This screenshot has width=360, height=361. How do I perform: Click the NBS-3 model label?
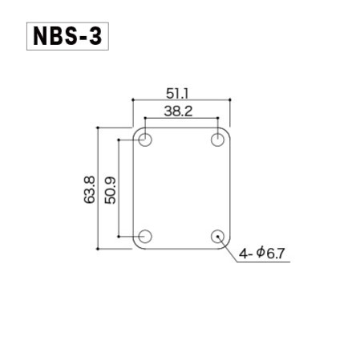point(68,38)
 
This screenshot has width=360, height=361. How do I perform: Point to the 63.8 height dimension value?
point(89,189)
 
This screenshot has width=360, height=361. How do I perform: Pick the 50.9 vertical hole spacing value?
point(110,189)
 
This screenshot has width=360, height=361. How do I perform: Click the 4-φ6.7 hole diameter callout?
point(261,254)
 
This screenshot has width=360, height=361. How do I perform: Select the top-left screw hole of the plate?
point(145,140)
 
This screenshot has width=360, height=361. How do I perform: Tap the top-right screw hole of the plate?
point(217,140)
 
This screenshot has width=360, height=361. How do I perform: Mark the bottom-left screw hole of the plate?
point(145,236)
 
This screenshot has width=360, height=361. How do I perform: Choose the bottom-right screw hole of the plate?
point(217,236)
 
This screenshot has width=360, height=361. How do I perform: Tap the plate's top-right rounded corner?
point(228,130)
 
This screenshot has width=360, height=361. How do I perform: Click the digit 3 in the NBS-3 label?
point(95,38)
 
